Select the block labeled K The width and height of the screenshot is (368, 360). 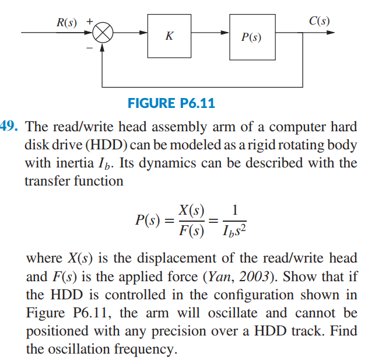[x=170, y=36]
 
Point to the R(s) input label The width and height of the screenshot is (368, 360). [x=66, y=22]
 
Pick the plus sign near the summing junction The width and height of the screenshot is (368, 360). [x=90, y=22]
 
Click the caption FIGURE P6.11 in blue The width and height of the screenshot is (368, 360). [x=171, y=104]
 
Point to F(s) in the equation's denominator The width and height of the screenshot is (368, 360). [x=191, y=232]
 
